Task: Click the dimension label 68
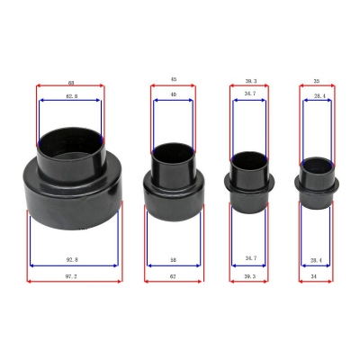pos(70,80)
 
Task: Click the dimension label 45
pos(173,80)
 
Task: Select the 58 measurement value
pos(173,259)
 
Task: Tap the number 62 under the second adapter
pos(173,277)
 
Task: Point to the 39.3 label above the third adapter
pos(249,80)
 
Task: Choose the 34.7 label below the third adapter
pos(250,259)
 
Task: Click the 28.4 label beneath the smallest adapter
pos(316,259)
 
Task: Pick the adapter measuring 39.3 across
pos(249,180)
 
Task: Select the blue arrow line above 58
pos(173,265)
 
